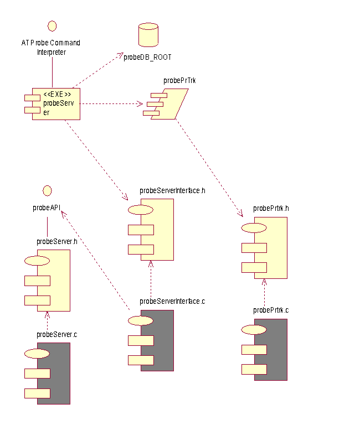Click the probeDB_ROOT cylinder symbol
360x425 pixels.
[147, 35]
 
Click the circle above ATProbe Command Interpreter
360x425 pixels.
[52, 25]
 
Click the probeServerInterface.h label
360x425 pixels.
[172, 191]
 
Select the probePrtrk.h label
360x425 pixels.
[271, 209]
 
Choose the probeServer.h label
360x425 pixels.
[56, 241]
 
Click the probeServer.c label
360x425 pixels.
[56, 334]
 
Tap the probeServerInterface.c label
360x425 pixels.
[172, 302]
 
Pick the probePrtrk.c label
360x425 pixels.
[271, 310]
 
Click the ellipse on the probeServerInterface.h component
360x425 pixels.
[141, 210]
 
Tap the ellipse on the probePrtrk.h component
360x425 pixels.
[254, 227]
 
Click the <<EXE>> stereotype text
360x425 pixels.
[57, 94]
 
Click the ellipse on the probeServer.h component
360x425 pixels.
[37, 260]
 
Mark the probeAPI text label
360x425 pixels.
[47, 208]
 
